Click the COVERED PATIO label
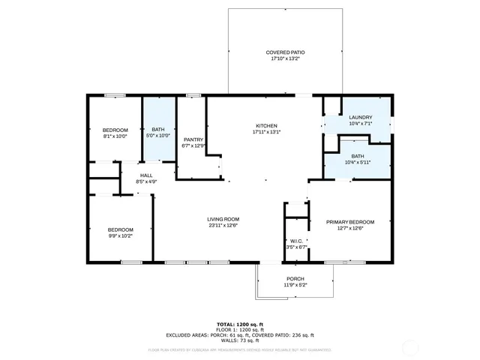[285, 52]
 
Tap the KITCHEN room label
[267, 125]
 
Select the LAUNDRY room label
[360, 117]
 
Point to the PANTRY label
[193, 139]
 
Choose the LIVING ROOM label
[223, 219]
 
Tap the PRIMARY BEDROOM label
[349, 222]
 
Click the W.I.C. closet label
[297, 241]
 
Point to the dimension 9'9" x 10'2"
[120, 235]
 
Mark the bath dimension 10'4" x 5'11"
[357, 162]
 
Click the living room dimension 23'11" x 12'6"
[223, 225]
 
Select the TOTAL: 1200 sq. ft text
[239, 324]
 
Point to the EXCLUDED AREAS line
[239, 334]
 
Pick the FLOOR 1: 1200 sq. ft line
[239, 329]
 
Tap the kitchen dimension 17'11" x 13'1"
[267, 132]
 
